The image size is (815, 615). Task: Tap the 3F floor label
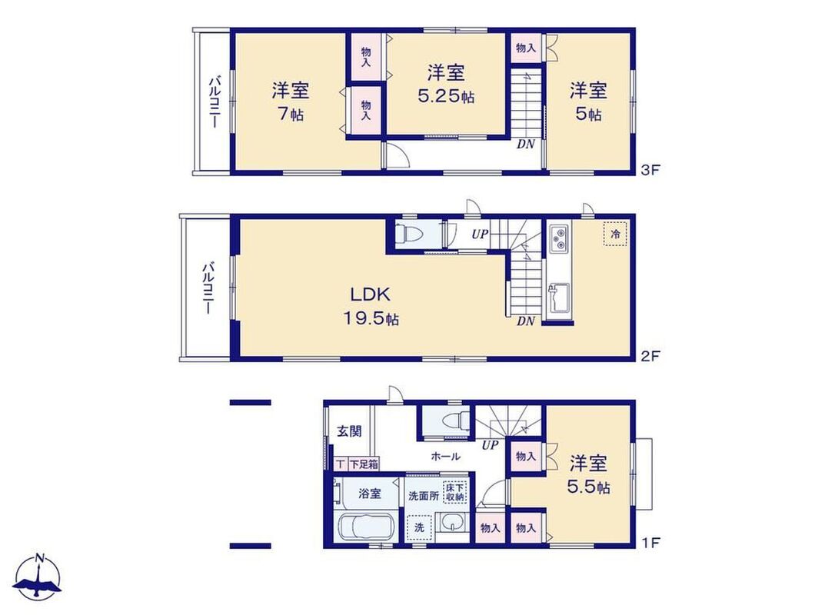point(650,170)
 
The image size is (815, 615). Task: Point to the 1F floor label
point(650,543)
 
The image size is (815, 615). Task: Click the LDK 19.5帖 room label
point(370,306)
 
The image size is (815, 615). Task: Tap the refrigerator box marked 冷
point(615,234)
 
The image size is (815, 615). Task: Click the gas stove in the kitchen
point(558,238)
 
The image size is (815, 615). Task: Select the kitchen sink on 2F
point(559,300)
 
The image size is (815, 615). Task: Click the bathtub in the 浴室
point(367,527)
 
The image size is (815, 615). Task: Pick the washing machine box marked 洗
point(420,527)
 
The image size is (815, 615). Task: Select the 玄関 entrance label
point(349,431)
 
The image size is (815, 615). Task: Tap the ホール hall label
point(446,457)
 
